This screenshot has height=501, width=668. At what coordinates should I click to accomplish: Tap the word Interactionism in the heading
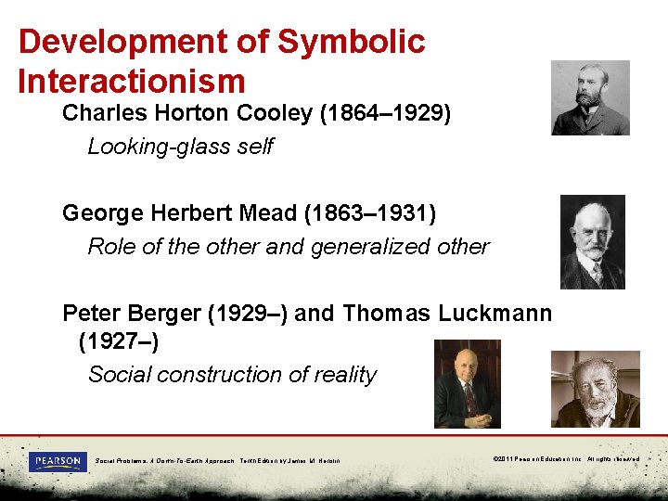(x=131, y=81)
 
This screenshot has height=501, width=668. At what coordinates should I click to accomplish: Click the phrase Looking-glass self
(x=180, y=147)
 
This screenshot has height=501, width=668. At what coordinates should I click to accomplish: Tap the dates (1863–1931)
(x=369, y=213)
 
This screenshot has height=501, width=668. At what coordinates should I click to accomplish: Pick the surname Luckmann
(x=494, y=314)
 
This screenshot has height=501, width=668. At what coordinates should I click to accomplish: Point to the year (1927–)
(x=119, y=342)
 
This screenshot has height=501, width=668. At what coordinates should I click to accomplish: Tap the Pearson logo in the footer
(x=58, y=461)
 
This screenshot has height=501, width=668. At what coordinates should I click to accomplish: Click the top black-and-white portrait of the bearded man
(x=590, y=98)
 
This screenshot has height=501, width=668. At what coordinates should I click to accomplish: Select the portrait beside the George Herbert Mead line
(x=592, y=241)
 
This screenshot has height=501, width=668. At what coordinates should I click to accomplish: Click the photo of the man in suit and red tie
(x=467, y=384)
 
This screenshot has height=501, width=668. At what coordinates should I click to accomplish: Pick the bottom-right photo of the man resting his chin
(x=595, y=389)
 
